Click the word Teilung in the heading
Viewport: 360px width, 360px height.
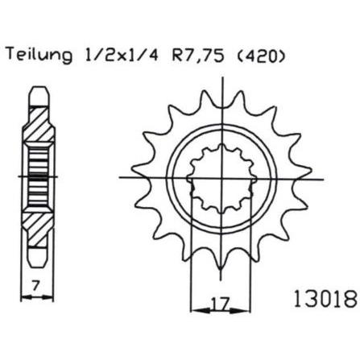pyautogui.click(x=39, y=56)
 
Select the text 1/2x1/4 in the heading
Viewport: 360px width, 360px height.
pyautogui.click(x=122, y=54)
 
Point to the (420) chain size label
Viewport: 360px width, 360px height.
pyautogui.click(x=260, y=55)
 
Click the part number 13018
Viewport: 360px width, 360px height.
pyautogui.click(x=325, y=299)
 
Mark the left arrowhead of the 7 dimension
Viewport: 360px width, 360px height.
pyautogui.click(x=27, y=297)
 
